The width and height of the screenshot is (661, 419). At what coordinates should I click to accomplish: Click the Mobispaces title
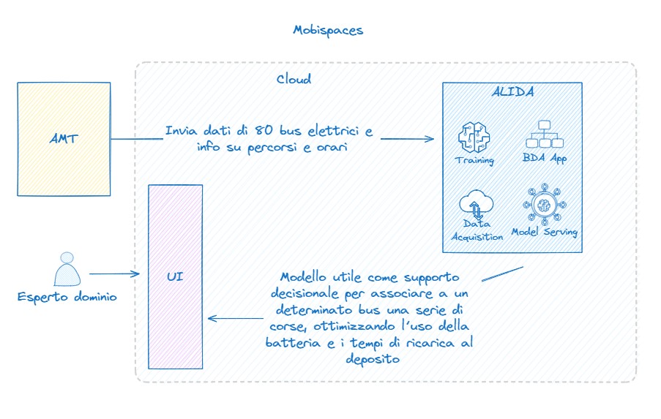click(328, 30)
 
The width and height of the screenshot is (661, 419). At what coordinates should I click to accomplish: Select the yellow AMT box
click(64, 139)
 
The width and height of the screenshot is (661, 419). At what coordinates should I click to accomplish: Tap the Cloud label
click(294, 79)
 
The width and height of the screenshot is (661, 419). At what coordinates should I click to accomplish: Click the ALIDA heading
click(511, 93)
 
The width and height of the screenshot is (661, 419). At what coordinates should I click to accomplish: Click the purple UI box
click(175, 276)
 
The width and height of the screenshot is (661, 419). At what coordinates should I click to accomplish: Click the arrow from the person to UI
click(114, 274)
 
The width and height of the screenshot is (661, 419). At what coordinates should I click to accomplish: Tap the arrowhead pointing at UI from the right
click(211, 317)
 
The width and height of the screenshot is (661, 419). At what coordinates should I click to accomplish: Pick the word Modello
click(304, 278)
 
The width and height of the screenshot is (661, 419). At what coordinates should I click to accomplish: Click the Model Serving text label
click(544, 232)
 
